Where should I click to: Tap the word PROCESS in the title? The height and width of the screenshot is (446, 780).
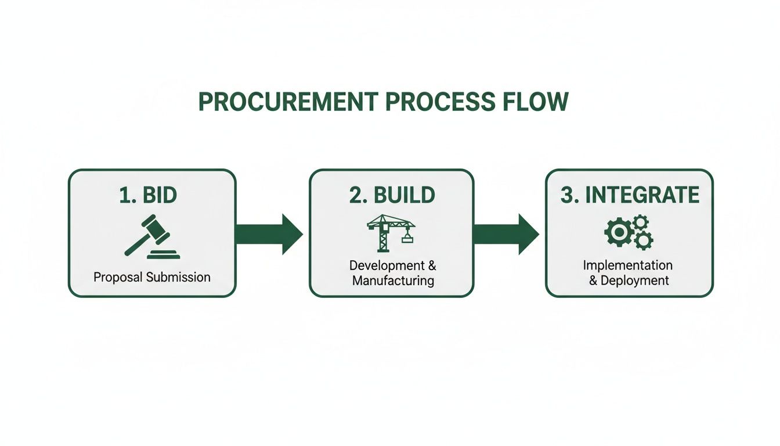point(439,102)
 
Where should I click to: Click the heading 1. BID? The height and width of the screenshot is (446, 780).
point(148,195)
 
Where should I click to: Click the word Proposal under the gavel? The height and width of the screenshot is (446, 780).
point(118,277)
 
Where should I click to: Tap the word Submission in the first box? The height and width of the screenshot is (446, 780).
point(178,277)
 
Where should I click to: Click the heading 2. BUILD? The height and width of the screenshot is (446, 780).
point(392,195)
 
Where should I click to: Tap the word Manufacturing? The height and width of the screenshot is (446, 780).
point(393,281)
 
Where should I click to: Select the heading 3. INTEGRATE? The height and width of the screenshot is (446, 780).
point(630,195)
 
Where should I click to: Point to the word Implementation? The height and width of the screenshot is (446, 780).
point(628,265)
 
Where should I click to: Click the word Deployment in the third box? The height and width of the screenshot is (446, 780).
point(635,280)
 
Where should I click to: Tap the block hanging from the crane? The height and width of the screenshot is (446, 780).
point(407,238)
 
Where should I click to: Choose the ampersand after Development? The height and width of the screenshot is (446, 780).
point(431,266)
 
